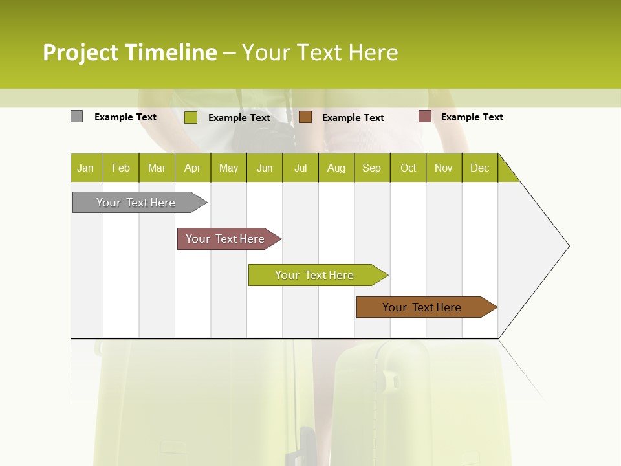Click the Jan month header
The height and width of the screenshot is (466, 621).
[x=86, y=168]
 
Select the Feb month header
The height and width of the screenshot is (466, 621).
[x=121, y=168]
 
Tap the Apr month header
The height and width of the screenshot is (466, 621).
[x=193, y=168]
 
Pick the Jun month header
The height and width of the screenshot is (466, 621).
[x=265, y=168]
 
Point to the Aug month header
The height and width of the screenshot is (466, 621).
[x=336, y=168]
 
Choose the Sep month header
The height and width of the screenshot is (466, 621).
[x=372, y=168]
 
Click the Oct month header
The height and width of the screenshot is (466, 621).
[x=408, y=168]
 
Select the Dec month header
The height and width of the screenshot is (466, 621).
[x=480, y=168]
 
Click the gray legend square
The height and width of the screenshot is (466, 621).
[x=77, y=116]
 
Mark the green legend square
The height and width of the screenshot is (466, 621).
[x=191, y=117]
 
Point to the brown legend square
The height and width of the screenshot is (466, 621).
[x=305, y=117]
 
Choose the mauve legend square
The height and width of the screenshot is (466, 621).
[x=425, y=116]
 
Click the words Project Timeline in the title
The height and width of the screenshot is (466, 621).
[x=130, y=52]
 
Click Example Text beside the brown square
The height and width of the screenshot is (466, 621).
[x=353, y=118]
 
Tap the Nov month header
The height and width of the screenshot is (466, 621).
[x=444, y=168]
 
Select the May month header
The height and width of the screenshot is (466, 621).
[x=228, y=168]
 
